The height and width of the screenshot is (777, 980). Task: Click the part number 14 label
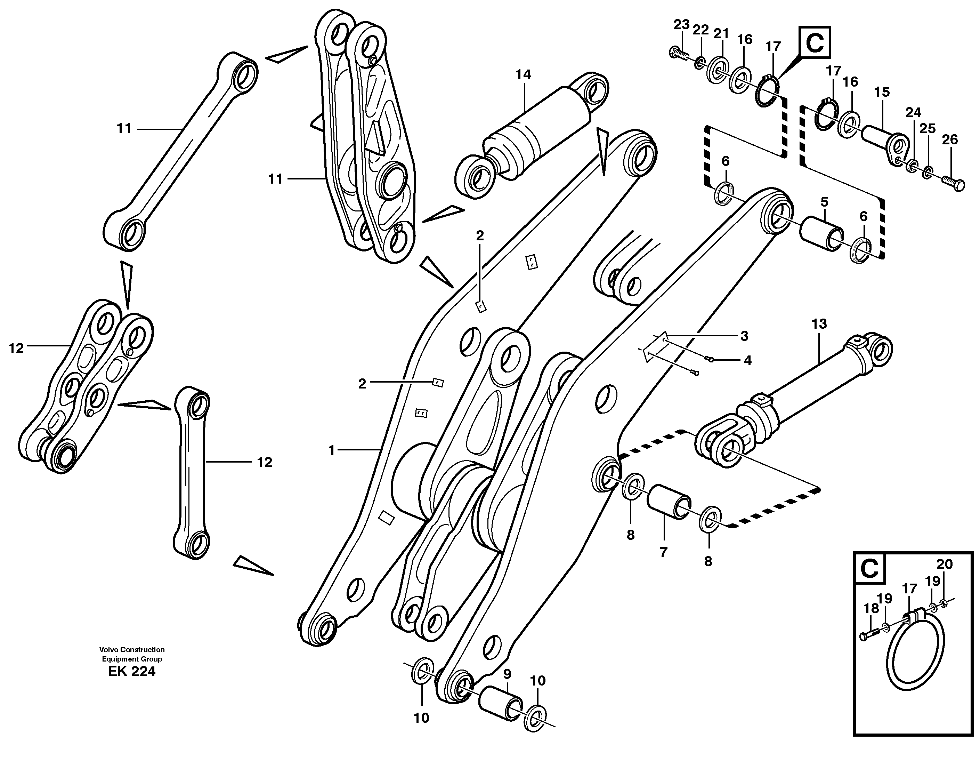coord(523,74)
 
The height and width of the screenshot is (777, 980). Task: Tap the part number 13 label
coord(819,324)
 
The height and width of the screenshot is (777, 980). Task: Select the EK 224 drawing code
coord(131,672)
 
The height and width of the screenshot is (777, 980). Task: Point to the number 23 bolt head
coord(674,53)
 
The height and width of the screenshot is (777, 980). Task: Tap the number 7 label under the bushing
coord(663,552)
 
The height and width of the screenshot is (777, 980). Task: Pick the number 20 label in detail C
coord(944,564)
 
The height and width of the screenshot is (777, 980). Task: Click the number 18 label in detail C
coord(870,608)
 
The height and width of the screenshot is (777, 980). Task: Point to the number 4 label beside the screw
coord(747,361)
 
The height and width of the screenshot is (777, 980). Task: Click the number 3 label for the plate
coord(744,336)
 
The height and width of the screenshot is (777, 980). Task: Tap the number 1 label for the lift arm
coord(331,450)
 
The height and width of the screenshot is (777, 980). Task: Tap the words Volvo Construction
coord(132,650)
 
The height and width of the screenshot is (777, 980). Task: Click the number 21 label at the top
coord(721,34)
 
